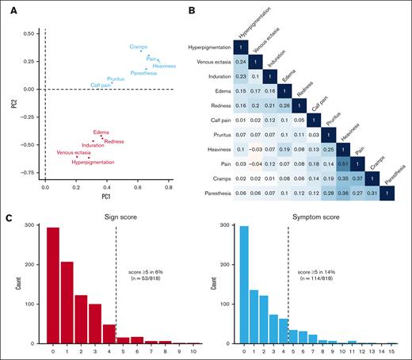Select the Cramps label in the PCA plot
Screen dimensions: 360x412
(139, 48)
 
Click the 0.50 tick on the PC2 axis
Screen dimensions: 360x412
(29, 34)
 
